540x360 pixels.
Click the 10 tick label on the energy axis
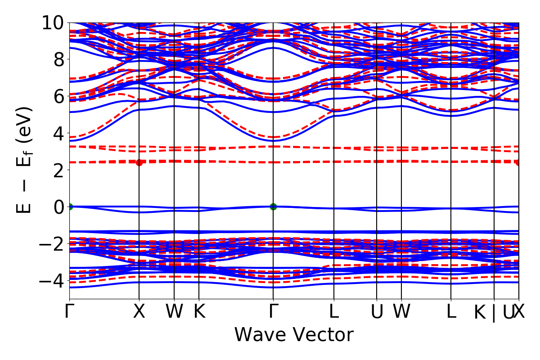tap(53, 22)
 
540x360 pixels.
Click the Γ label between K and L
tap(273, 311)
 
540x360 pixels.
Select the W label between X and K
tap(174, 311)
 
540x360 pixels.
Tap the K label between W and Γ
tap(199, 311)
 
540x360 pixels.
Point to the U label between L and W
tap(377, 311)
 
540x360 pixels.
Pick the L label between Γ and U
tap(334, 311)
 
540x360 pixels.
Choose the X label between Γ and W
tap(139, 311)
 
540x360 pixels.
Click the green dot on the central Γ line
tap(273, 207)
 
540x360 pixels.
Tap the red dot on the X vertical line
tap(139, 162)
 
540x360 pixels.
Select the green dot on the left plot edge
tap(70, 207)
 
